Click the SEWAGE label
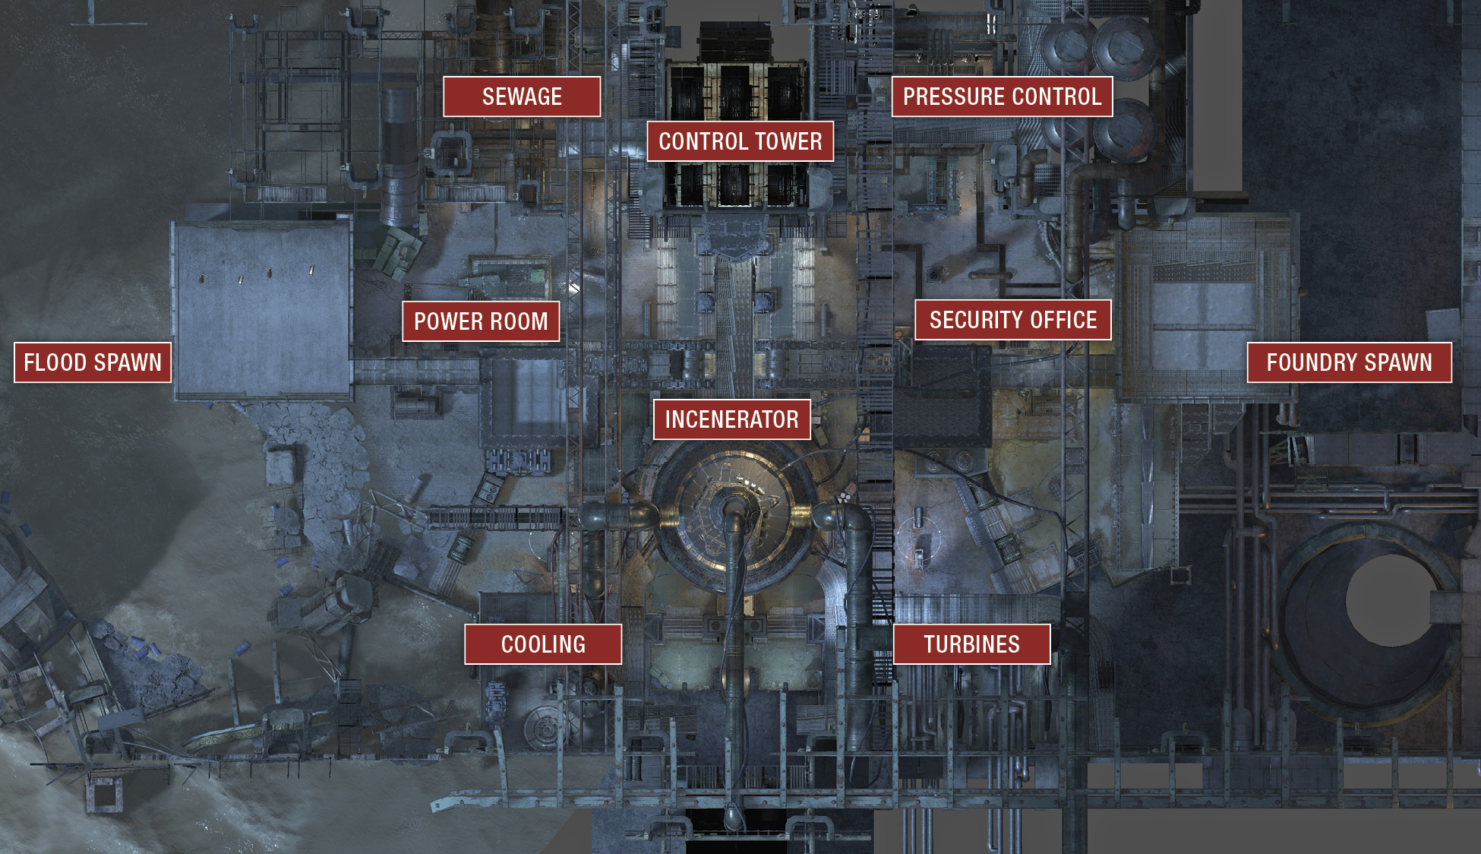pos(522,96)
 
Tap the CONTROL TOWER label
pos(740,141)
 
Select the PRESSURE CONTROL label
pos(1002,96)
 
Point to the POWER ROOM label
pos(481,321)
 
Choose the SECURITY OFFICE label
pos(1013,320)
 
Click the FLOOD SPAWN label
pos(93,362)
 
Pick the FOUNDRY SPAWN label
pos(1350,362)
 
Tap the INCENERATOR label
pos(732,419)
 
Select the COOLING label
pos(543,644)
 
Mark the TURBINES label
pos(972,644)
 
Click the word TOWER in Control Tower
pos(788,141)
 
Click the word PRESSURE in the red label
pos(954,96)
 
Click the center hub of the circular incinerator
pos(734,506)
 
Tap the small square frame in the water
pos(104,794)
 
